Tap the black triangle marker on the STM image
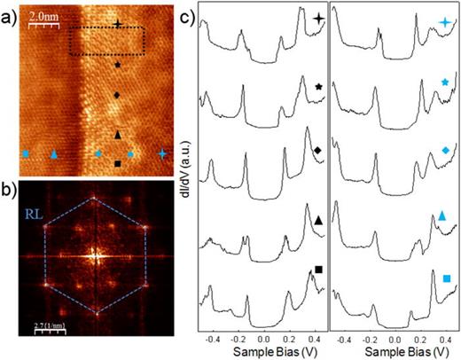click(x=118, y=134)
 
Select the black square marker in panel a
click(x=119, y=163)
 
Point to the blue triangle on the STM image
click(x=55, y=154)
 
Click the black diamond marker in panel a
click(x=118, y=94)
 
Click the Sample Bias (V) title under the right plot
click(x=391, y=353)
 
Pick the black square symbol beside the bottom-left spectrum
click(x=318, y=270)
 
